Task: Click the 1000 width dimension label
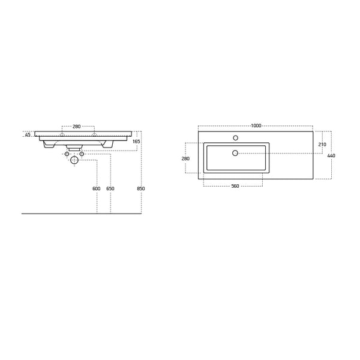click(x=256, y=125)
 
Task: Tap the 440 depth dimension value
click(x=331, y=156)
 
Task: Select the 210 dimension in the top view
click(x=322, y=145)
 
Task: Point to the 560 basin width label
click(x=235, y=186)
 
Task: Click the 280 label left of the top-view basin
click(x=185, y=158)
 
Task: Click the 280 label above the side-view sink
click(x=77, y=127)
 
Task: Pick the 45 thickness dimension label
click(x=28, y=135)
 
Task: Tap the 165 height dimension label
click(x=136, y=142)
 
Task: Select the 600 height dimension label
click(x=96, y=188)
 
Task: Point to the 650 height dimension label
click(x=110, y=188)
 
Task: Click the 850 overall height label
click(x=141, y=188)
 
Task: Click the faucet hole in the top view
click(x=235, y=138)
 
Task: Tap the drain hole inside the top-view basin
click(x=235, y=153)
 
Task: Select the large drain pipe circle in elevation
click(x=74, y=160)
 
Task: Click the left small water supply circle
click(x=67, y=154)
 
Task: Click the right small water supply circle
click(x=82, y=154)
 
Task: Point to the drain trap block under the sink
click(x=74, y=146)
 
